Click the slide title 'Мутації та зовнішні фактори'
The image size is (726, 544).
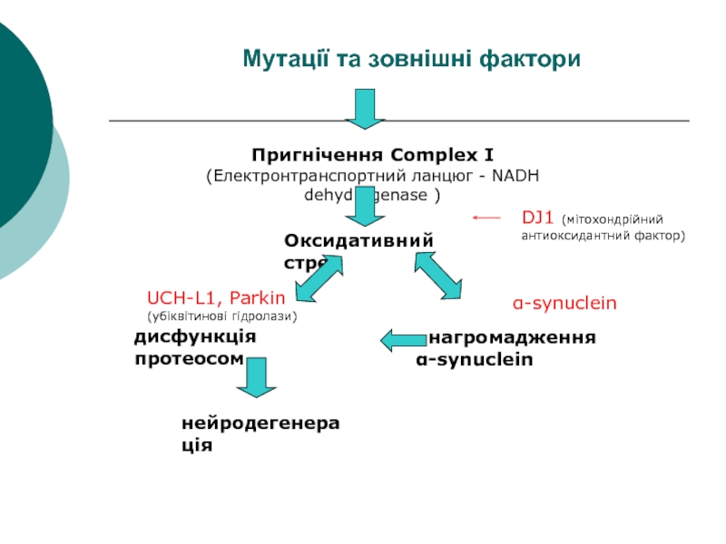click(x=411, y=60)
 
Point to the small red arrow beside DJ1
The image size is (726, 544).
click(x=487, y=218)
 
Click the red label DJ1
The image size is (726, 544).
click(x=537, y=218)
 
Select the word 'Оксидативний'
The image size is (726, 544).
click(x=358, y=239)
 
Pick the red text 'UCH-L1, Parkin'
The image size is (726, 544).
click(x=216, y=297)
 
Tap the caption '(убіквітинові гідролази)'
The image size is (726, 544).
click(x=221, y=316)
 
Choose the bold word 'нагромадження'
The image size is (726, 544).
click(x=513, y=338)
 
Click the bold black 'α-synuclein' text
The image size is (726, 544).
click(x=475, y=359)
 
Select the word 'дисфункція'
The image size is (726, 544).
click(x=195, y=336)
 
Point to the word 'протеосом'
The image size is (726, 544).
click(x=189, y=358)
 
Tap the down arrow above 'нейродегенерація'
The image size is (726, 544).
click(x=257, y=377)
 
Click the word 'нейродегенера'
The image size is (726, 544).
click(x=253, y=423)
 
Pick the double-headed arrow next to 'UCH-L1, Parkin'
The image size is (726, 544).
click(x=319, y=278)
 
